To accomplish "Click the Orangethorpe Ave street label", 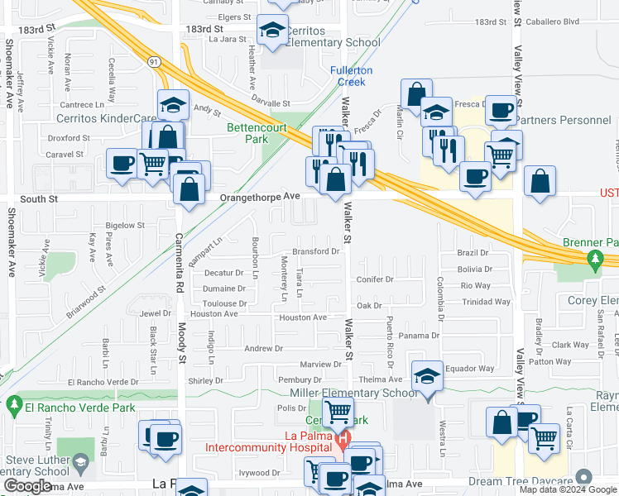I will tap(260, 197).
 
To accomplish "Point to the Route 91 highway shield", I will tap(154, 61).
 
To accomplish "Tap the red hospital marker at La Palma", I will tap(343, 436).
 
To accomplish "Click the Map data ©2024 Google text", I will tap(568, 489).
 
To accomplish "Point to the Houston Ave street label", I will tap(302, 317).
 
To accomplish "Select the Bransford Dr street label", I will tap(315, 251).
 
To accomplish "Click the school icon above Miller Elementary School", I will tap(427, 376).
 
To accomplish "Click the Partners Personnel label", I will tap(566, 121).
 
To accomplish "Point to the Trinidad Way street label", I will tap(487, 302).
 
